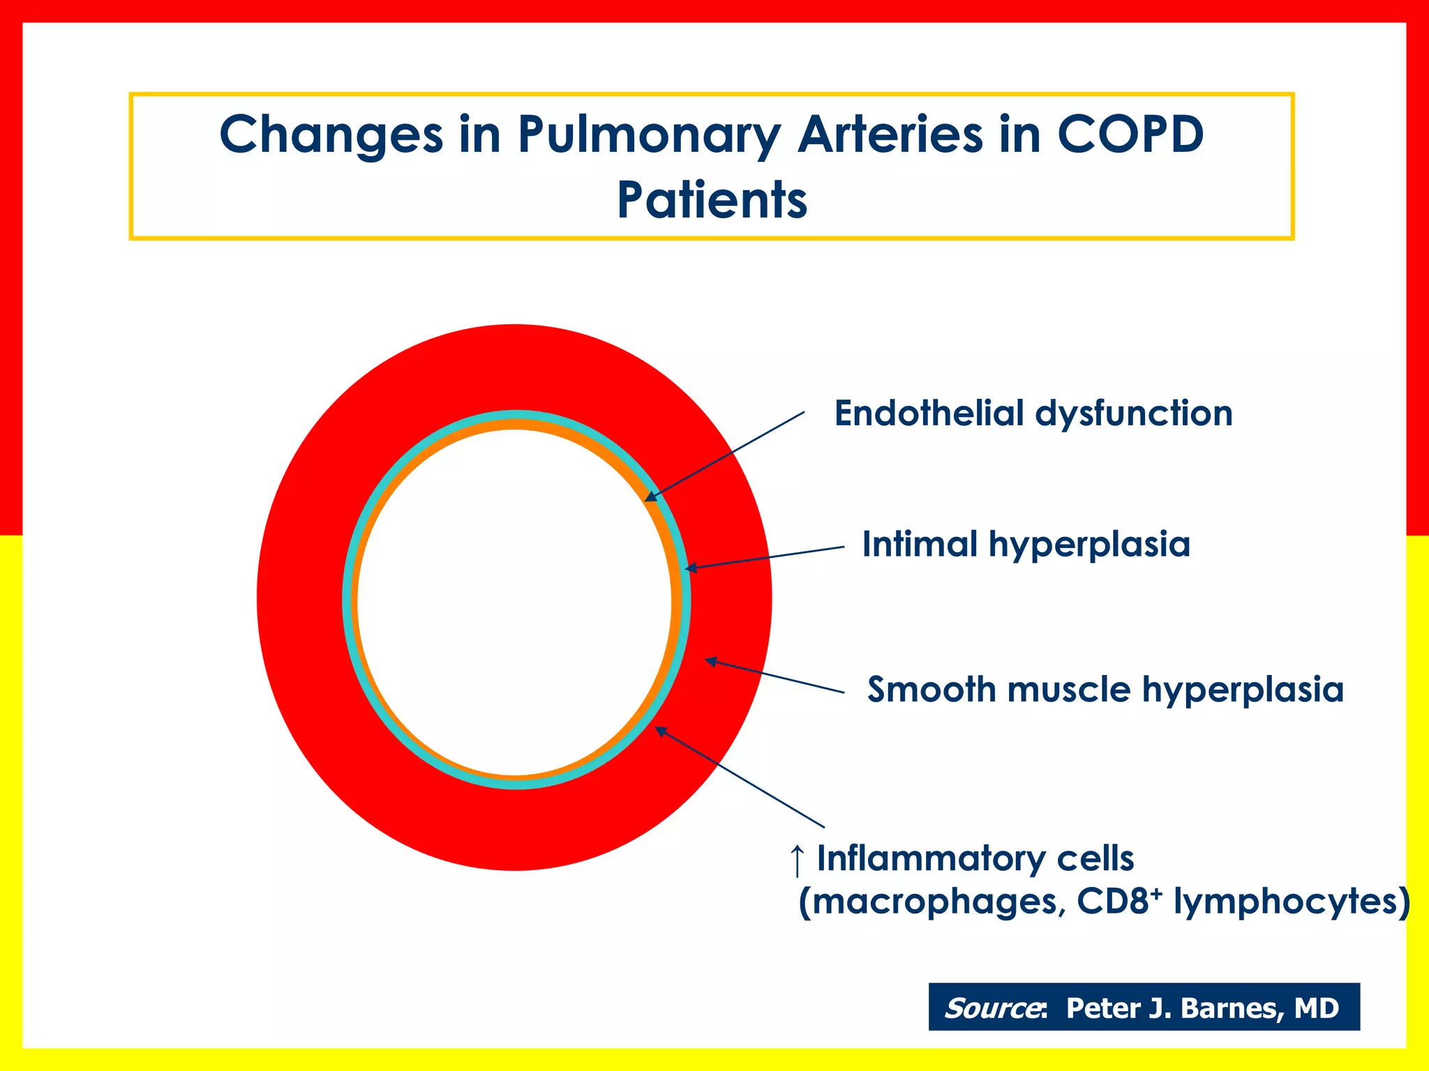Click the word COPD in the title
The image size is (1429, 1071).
click(1130, 134)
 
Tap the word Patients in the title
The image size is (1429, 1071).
click(712, 201)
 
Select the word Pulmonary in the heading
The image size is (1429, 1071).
click(649, 135)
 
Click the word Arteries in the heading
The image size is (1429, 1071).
click(890, 134)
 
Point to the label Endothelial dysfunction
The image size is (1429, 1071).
click(1033, 413)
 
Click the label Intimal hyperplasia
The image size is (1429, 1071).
click(1026, 545)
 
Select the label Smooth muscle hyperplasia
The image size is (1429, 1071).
click(1105, 690)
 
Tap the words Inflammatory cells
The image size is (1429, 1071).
click(975, 858)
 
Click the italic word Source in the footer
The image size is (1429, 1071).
click(992, 1008)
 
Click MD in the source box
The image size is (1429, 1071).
click(1316, 1008)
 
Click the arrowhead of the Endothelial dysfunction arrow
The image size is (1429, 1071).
click(649, 497)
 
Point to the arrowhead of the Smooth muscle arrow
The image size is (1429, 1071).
click(710, 660)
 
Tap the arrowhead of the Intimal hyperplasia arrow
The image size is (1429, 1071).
click(690, 569)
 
